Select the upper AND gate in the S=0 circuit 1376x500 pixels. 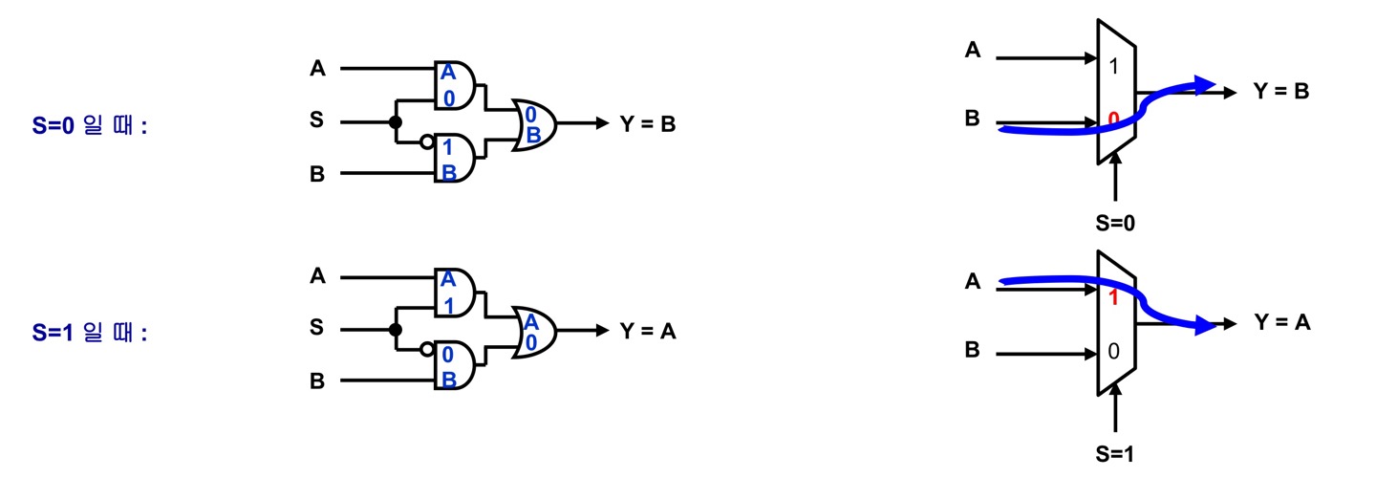pos(455,86)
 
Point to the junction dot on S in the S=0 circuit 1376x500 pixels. pos(394,122)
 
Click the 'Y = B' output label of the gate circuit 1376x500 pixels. pos(648,123)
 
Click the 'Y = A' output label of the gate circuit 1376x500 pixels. pos(648,332)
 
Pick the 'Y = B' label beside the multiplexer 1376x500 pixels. pos(1280,92)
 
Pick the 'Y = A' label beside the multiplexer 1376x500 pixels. pos(1281,324)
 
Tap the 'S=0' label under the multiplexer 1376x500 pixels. pos(1114,223)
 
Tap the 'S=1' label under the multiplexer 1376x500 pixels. pos(1114,454)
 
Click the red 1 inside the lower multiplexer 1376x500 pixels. pos(1112,297)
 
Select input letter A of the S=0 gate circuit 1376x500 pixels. pos(317,68)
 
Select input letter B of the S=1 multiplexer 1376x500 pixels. pos(972,350)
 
